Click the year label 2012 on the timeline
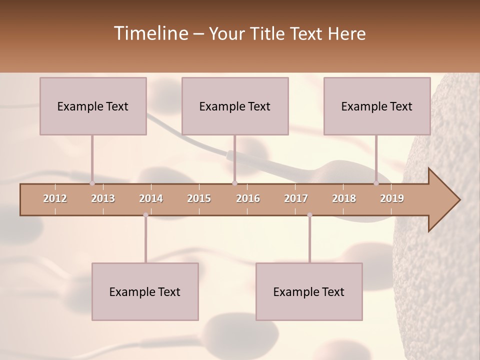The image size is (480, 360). [55, 198]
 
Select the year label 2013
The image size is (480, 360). [103, 198]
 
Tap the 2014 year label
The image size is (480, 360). [151, 198]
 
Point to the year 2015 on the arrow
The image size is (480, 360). [199, 198]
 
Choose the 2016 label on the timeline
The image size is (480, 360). [248, 198]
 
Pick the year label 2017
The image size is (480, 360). [296, 198]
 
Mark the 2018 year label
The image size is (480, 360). [344, 198]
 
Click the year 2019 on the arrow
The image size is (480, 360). [392, 198]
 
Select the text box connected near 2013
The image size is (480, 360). [93, 106]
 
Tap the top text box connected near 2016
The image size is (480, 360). [235, 106]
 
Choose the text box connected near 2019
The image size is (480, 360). [377, 106]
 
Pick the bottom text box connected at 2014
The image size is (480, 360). [145, 291]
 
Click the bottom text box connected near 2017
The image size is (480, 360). [309, 291]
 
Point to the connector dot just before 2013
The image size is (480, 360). [92, 183]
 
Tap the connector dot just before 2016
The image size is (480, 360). [234, 183]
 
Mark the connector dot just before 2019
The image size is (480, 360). [376, 183]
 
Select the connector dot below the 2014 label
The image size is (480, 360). [145, 215]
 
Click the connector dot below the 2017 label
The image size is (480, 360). [309, 215]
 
